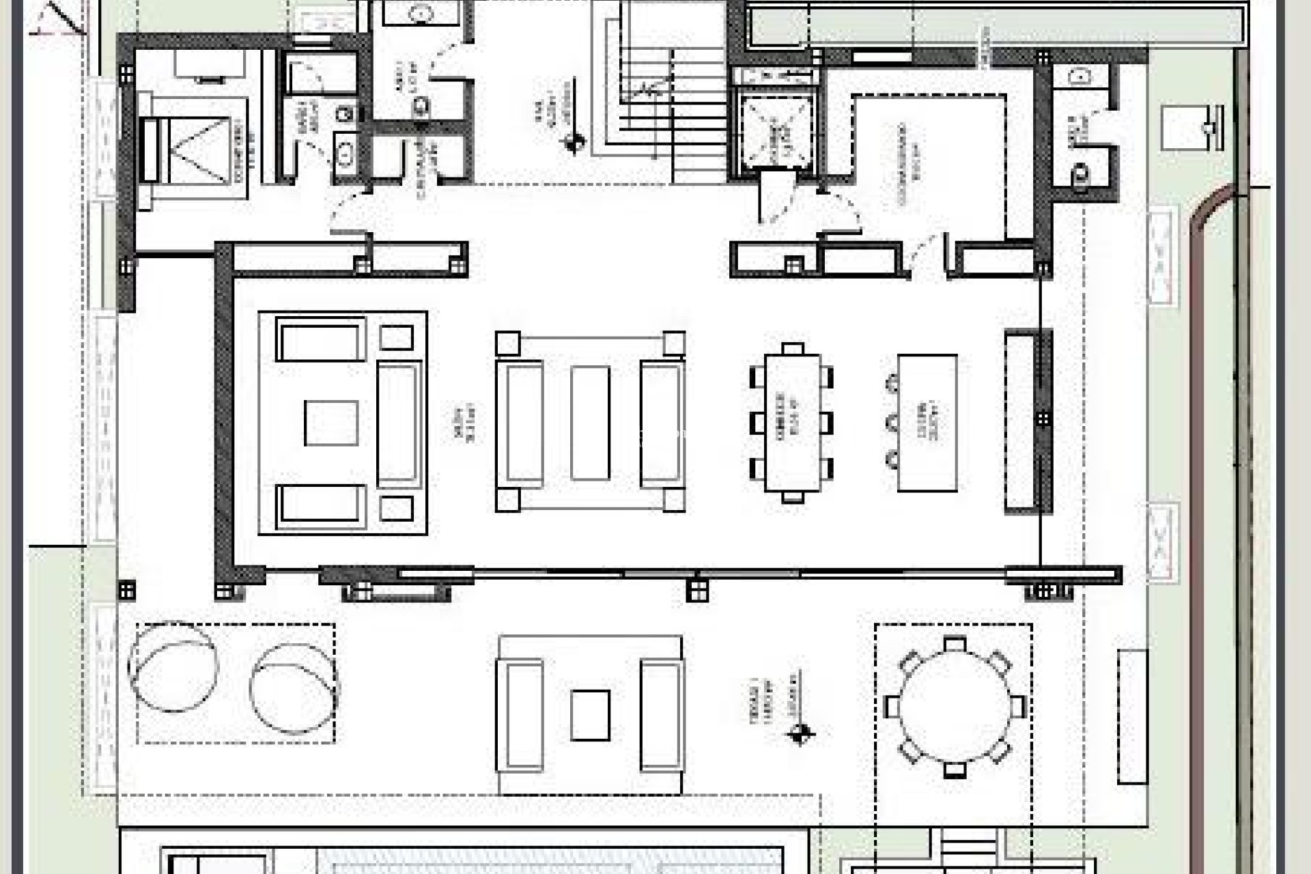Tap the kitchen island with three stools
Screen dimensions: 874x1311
point(927,423)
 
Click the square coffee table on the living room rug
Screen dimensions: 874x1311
point(330,423)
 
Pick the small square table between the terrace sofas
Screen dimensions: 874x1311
point(590,715)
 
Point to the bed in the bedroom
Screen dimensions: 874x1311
point(194,147)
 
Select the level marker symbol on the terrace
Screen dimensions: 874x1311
point(800,735)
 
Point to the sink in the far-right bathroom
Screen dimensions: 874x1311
point(1080,76)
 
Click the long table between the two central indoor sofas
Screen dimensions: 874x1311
point(590,423)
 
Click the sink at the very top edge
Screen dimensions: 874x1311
point(421,12)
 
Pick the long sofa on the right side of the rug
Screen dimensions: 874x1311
point(398,423)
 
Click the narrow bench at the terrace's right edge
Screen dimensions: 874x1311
point(1132,716)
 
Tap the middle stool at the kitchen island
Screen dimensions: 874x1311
point(892,423)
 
